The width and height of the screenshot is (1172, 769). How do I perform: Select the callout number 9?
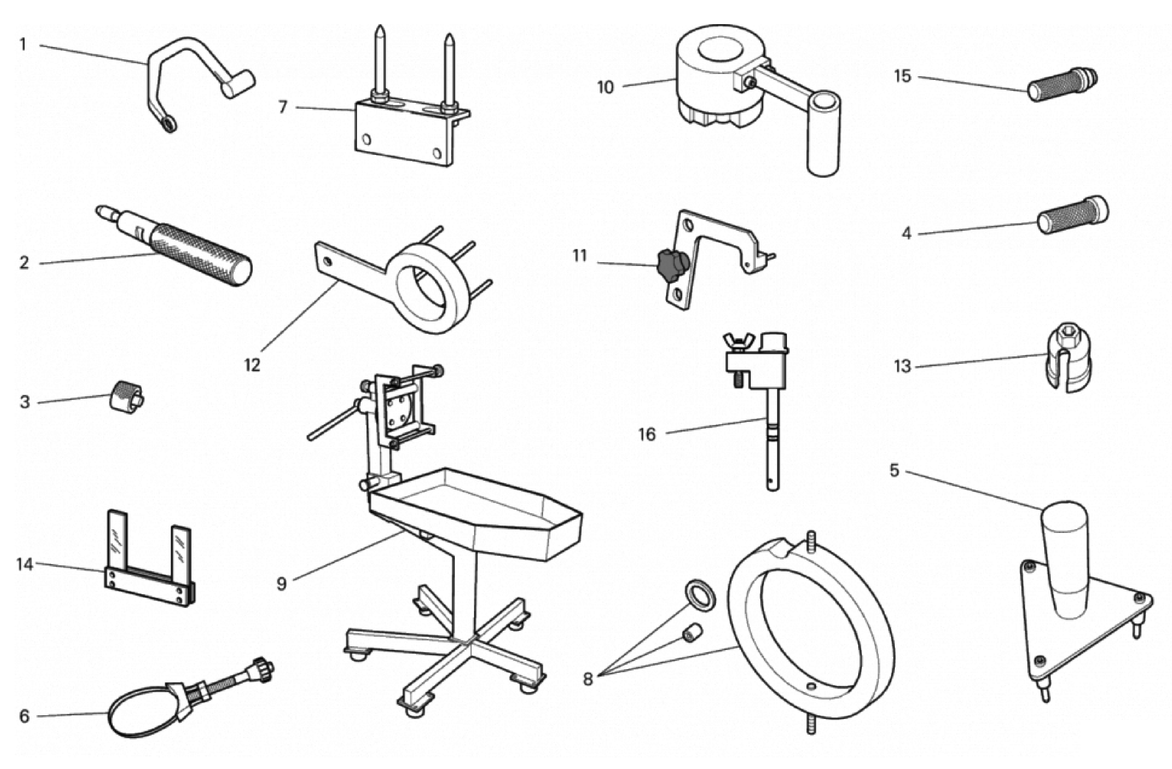(281, 584)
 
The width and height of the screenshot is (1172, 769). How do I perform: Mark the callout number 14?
(25, 564)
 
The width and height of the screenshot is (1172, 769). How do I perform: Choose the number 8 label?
(587, 679)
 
